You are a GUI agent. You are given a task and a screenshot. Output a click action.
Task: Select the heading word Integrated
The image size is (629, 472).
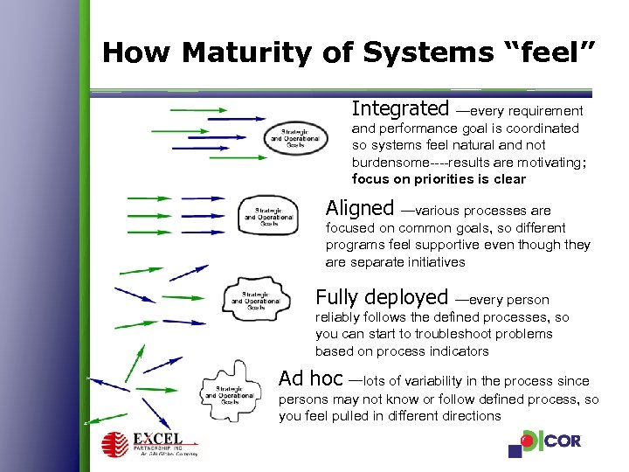[399, 109]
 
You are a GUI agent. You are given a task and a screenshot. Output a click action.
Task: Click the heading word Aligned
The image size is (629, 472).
[360, 209]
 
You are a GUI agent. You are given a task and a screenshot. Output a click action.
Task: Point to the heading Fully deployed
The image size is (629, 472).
[382, 297]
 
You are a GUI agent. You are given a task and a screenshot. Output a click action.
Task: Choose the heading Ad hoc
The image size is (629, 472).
[310, 379]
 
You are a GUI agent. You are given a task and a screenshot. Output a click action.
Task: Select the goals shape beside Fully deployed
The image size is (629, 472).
[254, 300]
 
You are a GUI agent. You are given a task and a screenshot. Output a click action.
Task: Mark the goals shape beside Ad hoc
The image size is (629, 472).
[231, 390]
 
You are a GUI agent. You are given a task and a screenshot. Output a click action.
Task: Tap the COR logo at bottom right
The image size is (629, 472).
[545, 443]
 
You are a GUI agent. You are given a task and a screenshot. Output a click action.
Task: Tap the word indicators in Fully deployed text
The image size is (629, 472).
[458, 351]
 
